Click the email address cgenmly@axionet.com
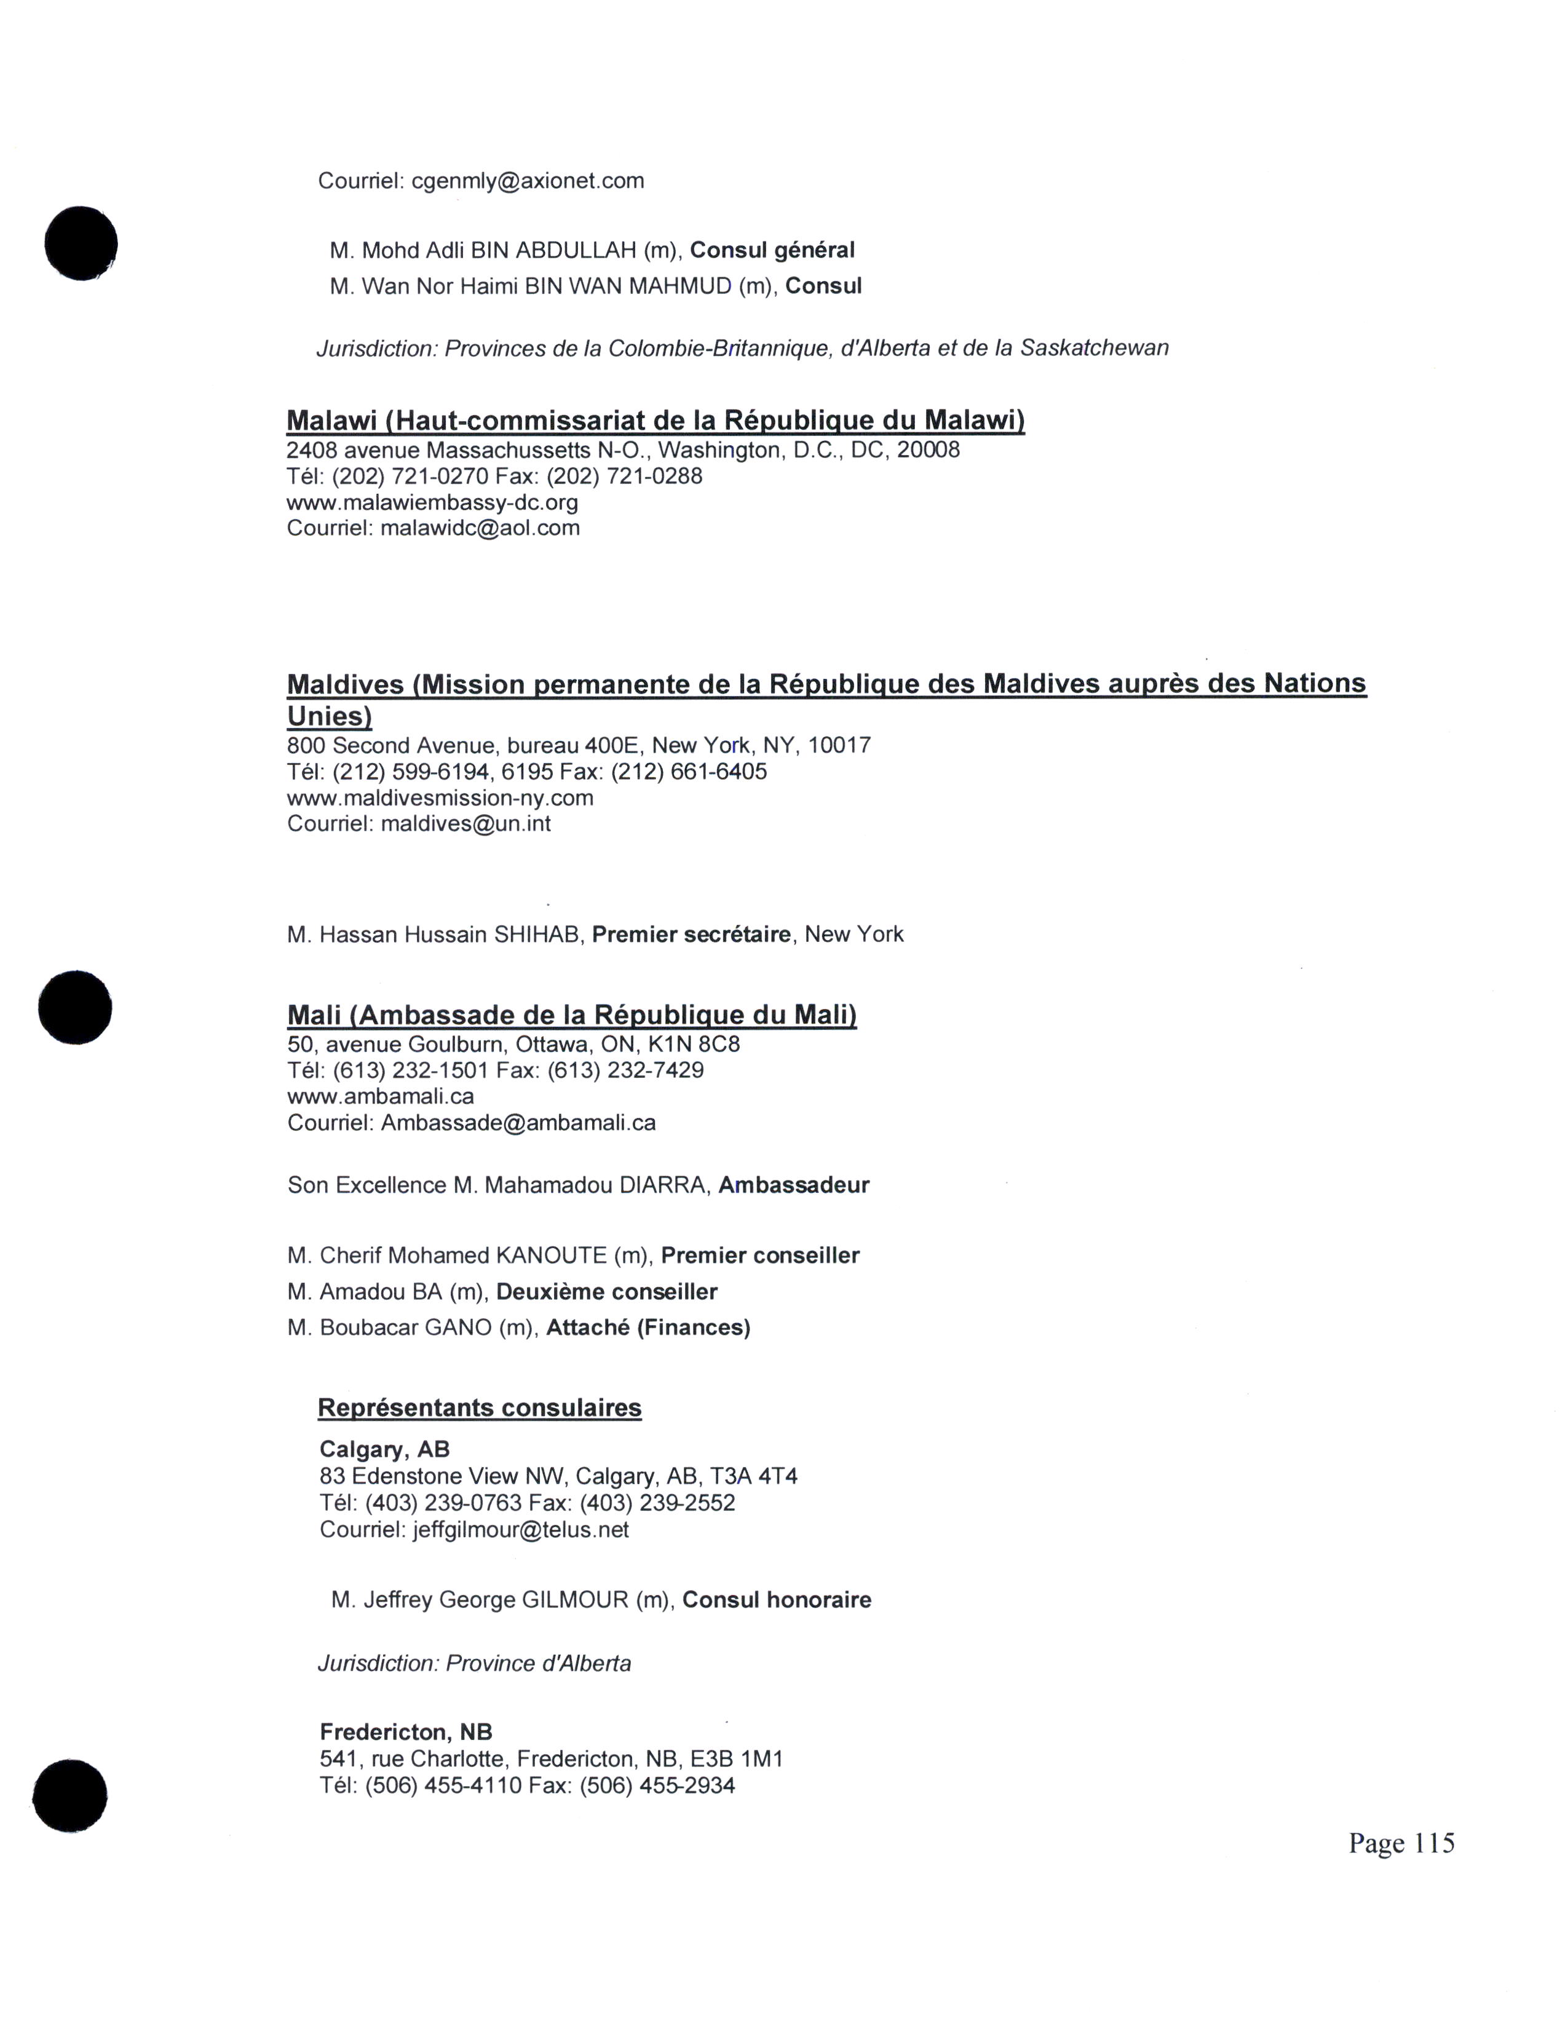(x=528, y=181)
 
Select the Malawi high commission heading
(x=655, y=421)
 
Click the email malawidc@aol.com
(x=480, y=529)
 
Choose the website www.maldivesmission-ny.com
(x=440, y=798)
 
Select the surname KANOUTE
(x=551, y=1256)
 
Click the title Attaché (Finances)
(x=647, y=1327)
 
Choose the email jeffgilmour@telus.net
(x=520, y=1530)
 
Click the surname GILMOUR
(x=575, y=1600)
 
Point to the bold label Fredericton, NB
(x=405, y=1731)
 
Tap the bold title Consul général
(x=772, y=250)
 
